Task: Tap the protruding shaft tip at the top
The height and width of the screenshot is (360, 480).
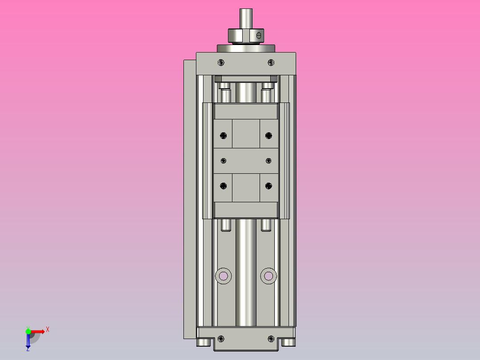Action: point(245,18)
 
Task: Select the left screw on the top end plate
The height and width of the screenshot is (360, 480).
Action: point(222,62)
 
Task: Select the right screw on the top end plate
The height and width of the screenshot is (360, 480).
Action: point(271,62)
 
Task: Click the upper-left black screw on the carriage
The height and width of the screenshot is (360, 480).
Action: point(224,135)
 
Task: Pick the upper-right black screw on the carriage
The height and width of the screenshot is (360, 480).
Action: point(268,135)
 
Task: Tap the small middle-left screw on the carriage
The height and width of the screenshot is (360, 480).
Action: point(224,160)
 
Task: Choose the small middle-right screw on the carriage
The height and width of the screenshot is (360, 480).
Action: point(268,160)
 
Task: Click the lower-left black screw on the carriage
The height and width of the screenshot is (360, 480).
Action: point(224,186)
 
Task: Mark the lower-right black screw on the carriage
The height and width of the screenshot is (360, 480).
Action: point(268,186)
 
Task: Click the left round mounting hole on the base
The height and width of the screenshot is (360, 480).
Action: point(224,276)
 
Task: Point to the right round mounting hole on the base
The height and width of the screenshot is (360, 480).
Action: point(268,276)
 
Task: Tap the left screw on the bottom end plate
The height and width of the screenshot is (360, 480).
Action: point(222,339)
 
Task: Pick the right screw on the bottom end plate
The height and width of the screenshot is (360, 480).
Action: point(271,339)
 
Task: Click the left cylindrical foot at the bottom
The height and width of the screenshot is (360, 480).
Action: point(203,342)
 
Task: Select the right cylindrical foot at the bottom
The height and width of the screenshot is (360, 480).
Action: point(289,342)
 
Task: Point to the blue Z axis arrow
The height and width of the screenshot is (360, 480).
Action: point(28,343)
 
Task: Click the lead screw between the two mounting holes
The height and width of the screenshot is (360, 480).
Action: point(246,276)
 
